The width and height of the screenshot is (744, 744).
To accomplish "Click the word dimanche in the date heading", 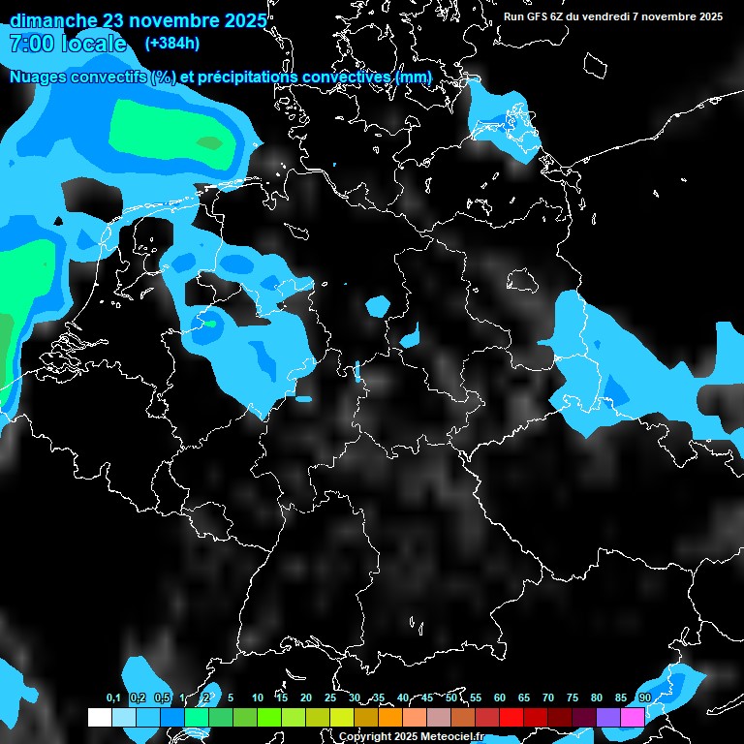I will pos(52,20).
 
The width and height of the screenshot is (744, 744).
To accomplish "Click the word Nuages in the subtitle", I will pos(38,76).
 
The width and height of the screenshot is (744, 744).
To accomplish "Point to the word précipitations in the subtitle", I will pos(248,76).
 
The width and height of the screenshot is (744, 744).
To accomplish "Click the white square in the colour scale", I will pos(99,717).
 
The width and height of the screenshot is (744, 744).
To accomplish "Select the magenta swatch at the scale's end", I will pos(633,717).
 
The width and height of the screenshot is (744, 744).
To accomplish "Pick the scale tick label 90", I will pos(644,697).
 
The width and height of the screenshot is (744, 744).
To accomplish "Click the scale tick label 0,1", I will pos(112,697).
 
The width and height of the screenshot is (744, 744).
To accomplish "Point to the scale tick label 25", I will pos(330,697).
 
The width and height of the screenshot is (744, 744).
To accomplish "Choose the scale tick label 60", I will pos(500,697).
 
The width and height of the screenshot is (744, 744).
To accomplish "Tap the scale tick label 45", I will pos(427,697).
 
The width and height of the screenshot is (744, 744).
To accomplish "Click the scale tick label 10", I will pos(258,697).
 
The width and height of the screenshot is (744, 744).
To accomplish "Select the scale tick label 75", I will pos(573,697).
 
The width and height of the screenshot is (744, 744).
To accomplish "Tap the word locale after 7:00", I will pos(94,44).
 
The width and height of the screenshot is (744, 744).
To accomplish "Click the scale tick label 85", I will pos(621,697).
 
